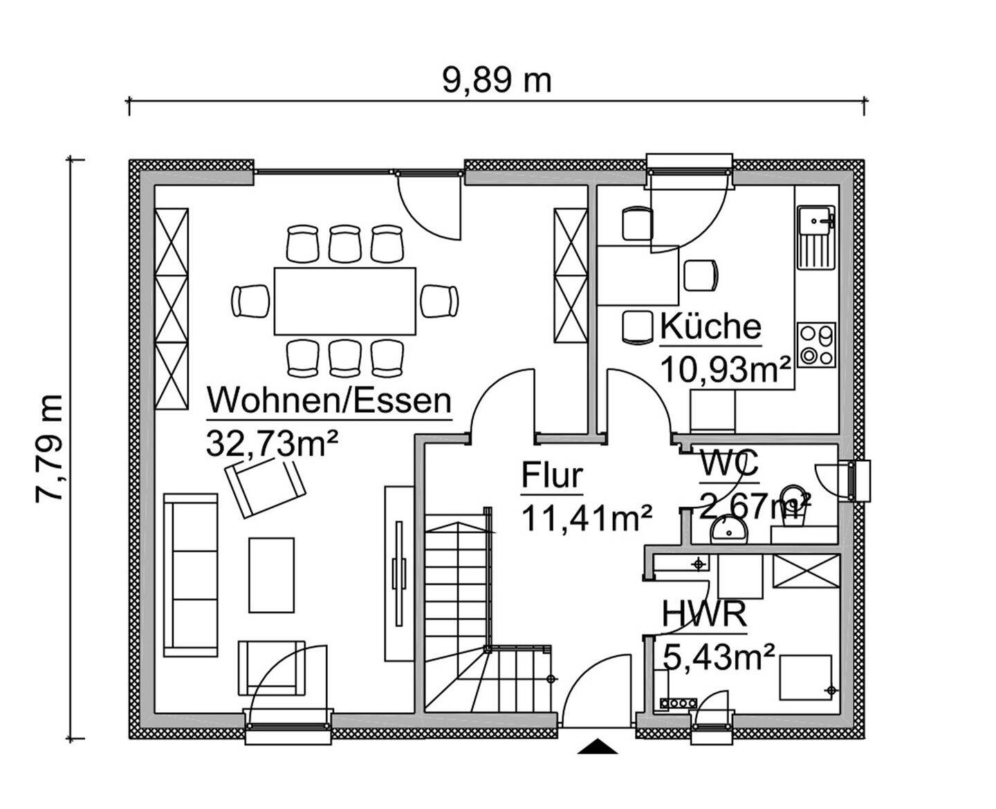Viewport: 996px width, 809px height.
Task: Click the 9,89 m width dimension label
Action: tap(497, 81)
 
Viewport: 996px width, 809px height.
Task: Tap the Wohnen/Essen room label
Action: tap(330, 400)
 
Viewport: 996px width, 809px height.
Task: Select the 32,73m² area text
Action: tap(272, 443)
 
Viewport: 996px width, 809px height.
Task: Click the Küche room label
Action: tap(710, 326)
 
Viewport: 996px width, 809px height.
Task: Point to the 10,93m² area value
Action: tap(726, 369)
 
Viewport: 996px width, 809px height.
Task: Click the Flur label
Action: tap(551, 476)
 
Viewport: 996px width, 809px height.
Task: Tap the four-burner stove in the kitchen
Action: tap(816, 345)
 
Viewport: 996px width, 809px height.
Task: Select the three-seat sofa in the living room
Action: tap(191, 575)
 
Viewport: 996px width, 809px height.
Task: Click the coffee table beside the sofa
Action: tap(271, 575)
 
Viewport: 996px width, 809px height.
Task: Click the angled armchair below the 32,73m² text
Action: tap(265, 487)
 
